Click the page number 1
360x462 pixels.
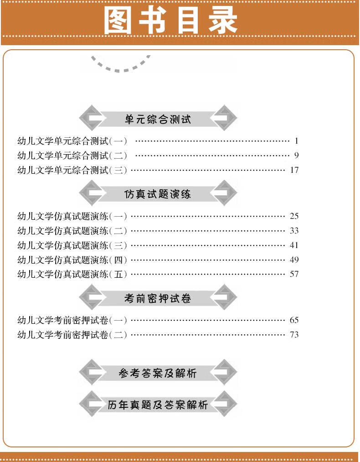(x=296, y=141)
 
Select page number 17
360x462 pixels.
(x=294, y=170)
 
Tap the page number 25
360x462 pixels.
(x=294, y=216)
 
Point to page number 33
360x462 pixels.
(x=294, y=230)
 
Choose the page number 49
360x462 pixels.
(x=294, y=260)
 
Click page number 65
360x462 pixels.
(x=294, y=320)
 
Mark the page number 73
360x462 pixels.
(x=294, y=334)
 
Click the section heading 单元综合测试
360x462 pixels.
(x=158, y=119)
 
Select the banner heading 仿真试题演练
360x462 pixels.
(x=158, y=194)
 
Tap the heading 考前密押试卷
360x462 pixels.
(x=158, y=298)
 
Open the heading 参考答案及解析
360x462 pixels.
(x=158, y=374)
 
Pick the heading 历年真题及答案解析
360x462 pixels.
(x=158, y=405)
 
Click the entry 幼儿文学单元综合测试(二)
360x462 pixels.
(x=72, y=155)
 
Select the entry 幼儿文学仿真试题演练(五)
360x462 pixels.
(x=72, y=274)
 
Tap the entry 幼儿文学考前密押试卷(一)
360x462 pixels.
(x=72, y=320)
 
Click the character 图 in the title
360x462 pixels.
(x=118, y=21)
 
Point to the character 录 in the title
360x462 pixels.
(x=223, y=21)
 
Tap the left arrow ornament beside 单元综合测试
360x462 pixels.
(x=92, y=118)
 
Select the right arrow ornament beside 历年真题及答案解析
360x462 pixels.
(x=224, y=404)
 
